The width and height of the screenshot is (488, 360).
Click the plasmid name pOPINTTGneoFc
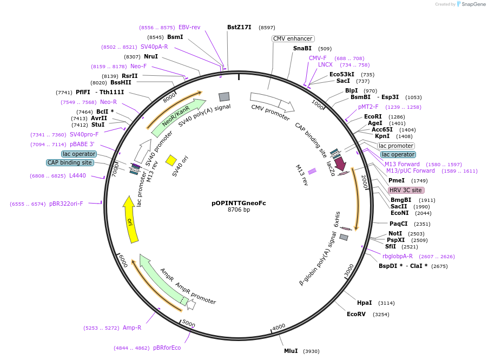click(239, 203)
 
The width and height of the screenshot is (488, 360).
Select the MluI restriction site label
click(291, 351)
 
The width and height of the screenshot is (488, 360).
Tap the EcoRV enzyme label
click(357, 314)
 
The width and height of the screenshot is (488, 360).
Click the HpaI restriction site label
click(365, 303)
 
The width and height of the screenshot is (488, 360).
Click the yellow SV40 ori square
click(171, 160)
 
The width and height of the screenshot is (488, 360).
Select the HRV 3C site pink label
click(406, 190)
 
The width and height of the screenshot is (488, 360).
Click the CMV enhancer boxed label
click(292, 38)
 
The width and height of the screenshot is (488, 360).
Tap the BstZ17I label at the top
click(239, 27)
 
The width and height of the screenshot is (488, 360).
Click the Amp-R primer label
click(131, 328)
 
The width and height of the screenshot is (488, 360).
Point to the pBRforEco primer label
click(167, 348)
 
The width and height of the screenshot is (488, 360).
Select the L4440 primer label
click(77, 175)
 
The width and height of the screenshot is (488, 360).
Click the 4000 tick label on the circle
click(279, 327)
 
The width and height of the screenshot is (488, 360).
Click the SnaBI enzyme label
click(302, 48)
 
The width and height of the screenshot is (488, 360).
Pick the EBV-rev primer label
click(189, 27)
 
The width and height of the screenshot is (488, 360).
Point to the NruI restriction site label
click(151, 56)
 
